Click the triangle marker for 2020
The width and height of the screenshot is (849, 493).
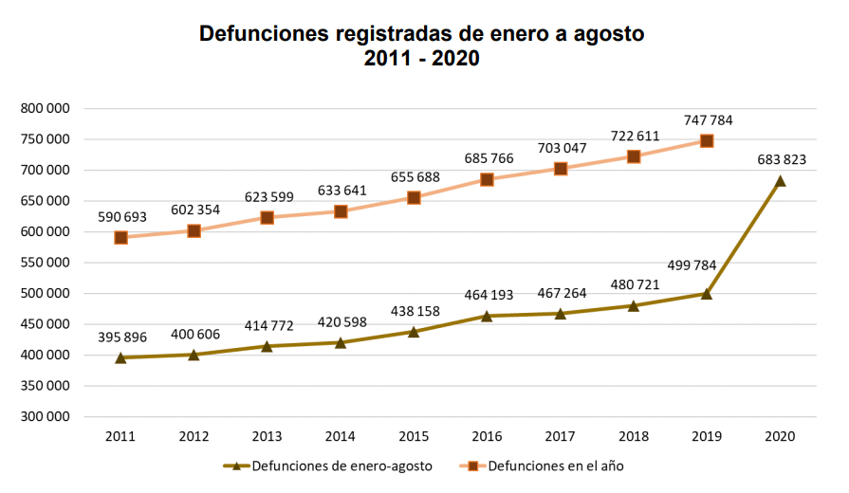780,180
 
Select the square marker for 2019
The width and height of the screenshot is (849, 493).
707,141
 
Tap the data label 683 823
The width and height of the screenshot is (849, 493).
780,159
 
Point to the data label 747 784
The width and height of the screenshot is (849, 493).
707,120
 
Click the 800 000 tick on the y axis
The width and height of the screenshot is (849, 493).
46,108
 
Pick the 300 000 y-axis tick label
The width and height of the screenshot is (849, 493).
46,416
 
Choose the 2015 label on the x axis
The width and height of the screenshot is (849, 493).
414,436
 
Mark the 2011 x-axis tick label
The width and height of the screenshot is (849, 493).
120,436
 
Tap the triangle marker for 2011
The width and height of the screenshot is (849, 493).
120,357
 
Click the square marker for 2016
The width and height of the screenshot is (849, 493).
487,179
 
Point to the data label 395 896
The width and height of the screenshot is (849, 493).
120,337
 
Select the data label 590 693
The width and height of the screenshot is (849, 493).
120,217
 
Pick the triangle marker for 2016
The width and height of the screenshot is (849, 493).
487,316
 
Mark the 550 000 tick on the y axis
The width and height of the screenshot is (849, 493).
46,263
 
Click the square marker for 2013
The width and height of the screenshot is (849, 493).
267,218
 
